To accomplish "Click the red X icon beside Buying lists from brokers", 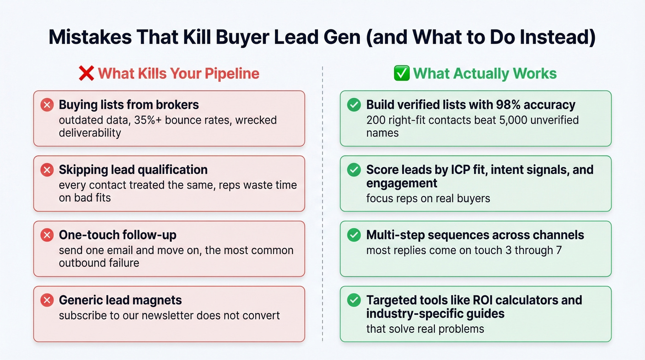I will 47,105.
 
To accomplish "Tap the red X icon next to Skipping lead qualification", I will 47,170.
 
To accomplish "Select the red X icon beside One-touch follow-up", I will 47,236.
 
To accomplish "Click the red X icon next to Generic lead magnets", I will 47,301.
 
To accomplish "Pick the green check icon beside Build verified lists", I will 354,105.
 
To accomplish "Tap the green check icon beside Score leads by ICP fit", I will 354,170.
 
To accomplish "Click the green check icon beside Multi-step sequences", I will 354,236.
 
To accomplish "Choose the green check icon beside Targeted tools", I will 354,301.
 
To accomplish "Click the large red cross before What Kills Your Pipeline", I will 86,74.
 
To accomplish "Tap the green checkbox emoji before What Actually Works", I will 402,74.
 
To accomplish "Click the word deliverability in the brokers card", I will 90,133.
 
